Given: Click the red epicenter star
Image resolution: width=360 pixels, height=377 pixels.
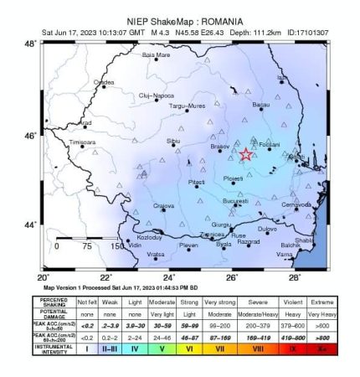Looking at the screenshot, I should click(245, 155).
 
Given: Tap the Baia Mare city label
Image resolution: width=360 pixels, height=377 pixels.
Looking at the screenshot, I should click(156, 55).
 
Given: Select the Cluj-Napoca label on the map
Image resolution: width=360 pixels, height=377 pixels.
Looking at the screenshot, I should click(155, 96).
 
